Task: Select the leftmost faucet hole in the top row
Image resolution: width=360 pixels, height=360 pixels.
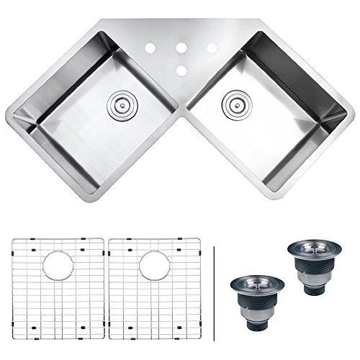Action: (x=152, y=49)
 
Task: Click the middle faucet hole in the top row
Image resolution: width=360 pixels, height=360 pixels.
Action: (x=180, y=49)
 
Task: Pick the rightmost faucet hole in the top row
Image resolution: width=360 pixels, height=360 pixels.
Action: (x=213, y=48)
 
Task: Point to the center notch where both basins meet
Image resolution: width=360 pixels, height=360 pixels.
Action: (x=180, y=114)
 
